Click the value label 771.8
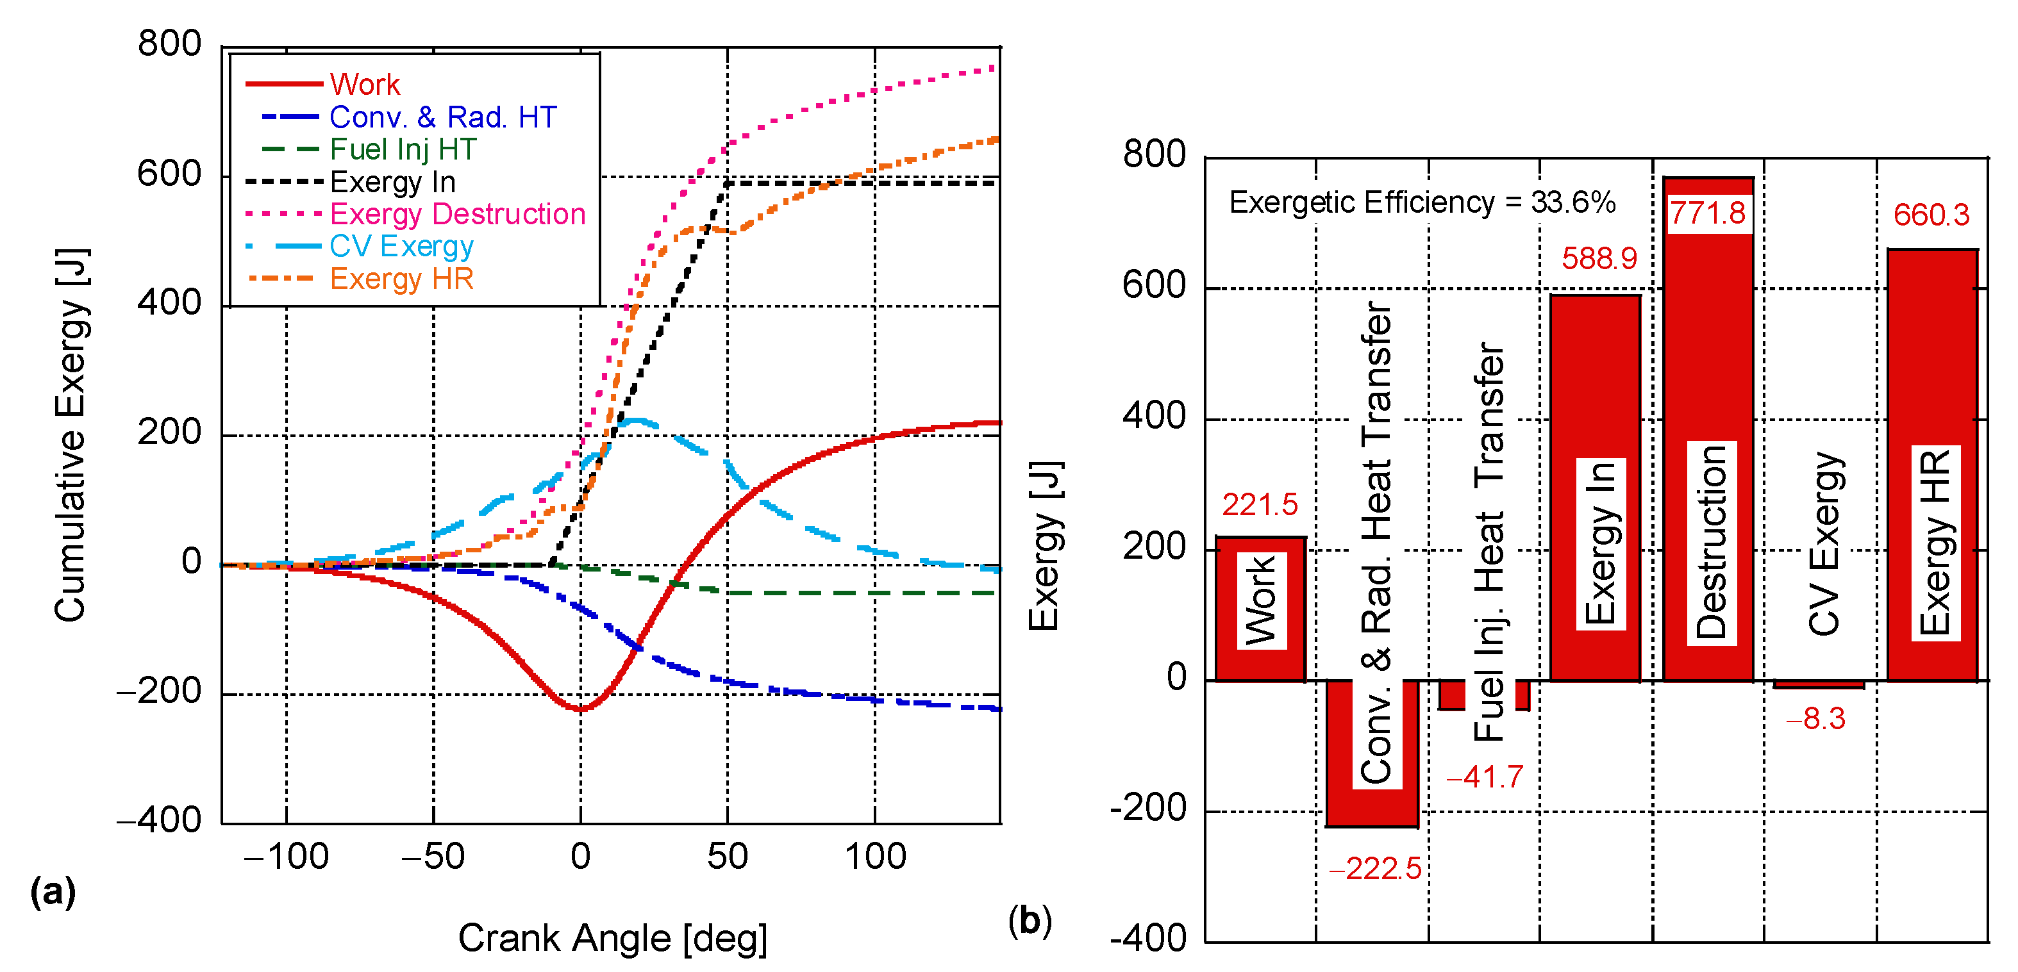1707,213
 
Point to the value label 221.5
1260,504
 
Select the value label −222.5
1375,869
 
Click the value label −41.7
1485,777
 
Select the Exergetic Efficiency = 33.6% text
1422,202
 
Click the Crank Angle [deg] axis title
613,937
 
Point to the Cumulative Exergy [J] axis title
71,434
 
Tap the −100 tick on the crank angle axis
286,856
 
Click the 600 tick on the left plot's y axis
169,174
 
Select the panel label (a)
53,891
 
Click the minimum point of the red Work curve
581,709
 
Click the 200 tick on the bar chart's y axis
1154,547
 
